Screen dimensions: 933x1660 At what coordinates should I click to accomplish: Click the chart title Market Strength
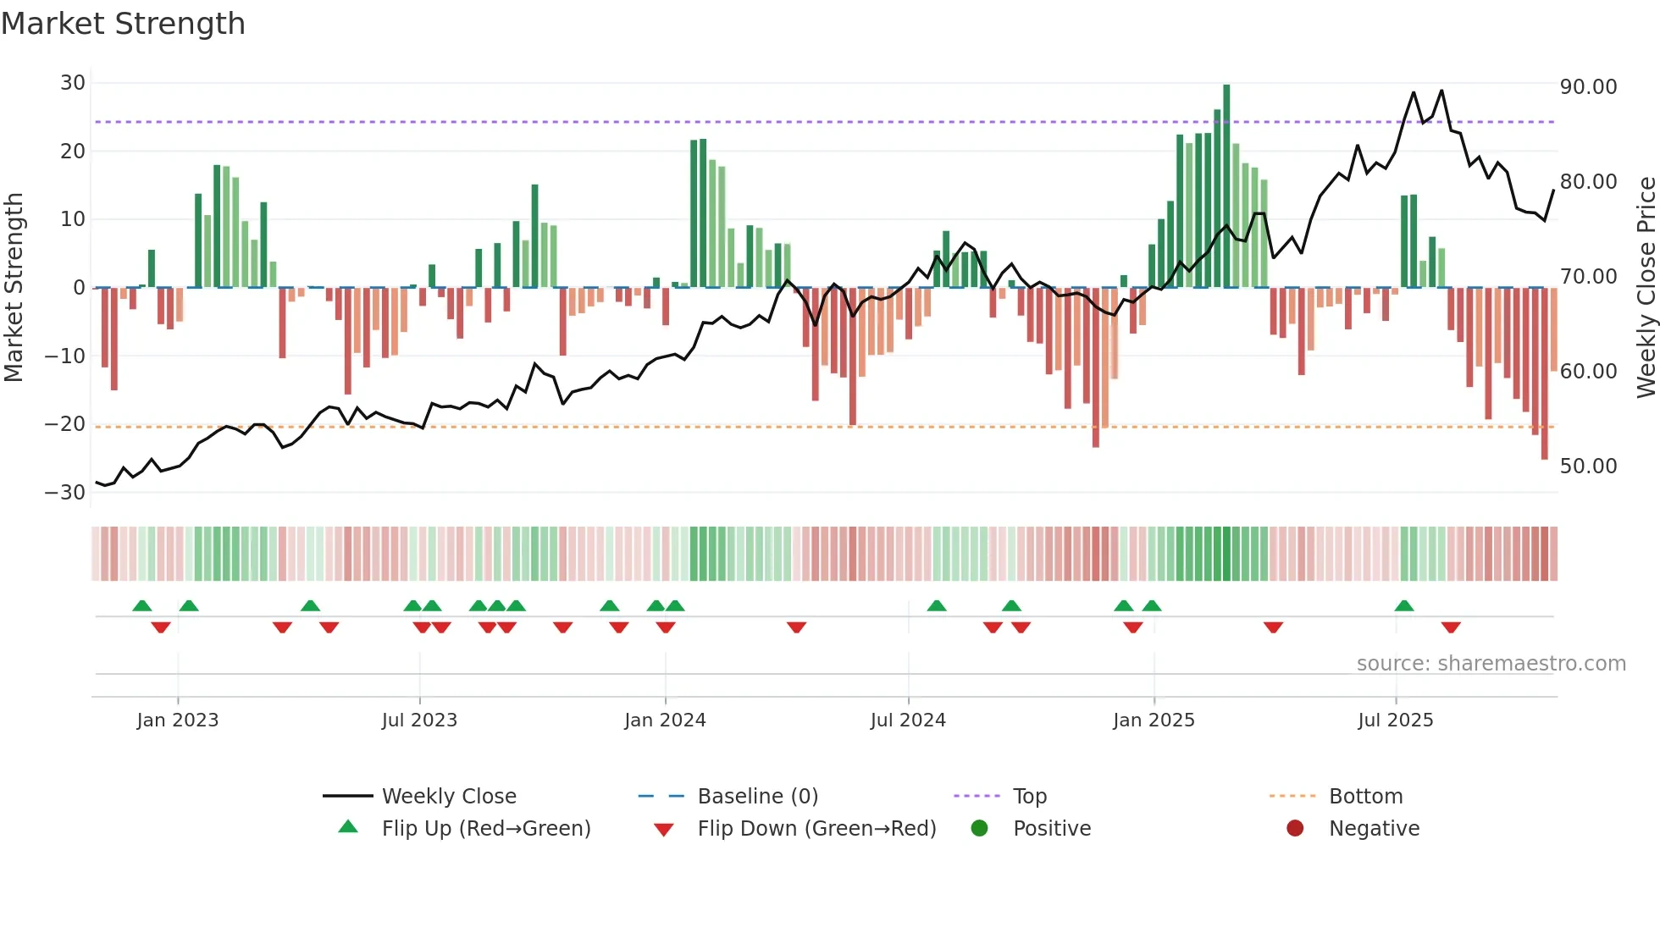[123, 24]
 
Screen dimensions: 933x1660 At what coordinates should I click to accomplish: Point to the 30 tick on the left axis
[73, 83]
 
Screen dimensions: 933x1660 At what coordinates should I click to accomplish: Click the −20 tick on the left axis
[65, 424]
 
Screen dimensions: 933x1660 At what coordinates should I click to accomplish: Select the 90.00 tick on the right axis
[1588, 87]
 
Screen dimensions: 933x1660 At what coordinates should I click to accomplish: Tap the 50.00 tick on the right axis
[1588, 466]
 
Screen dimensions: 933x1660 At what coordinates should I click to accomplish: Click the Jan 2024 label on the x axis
[665, 720]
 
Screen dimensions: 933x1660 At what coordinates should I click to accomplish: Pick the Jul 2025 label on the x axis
[1395, 720]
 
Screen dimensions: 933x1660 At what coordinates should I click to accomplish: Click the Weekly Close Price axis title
[1646, 288]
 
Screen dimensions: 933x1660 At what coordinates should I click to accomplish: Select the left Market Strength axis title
[14, 288]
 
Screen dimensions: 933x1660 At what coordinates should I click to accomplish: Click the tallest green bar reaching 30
[1226, 186]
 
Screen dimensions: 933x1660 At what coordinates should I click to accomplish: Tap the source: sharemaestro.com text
[1491, 664]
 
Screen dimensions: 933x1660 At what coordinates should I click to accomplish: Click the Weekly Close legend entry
[449, 797]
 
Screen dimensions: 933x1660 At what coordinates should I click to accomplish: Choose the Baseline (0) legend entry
[757, 797]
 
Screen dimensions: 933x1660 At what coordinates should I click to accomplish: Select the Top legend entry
[1030, 797]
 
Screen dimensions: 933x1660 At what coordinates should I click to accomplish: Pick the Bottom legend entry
[1365, 797]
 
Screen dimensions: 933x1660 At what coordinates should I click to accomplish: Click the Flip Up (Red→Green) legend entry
[485, 829]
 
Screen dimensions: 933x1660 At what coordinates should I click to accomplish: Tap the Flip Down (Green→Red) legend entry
[816, 829]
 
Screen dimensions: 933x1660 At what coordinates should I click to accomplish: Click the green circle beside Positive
[980, 829]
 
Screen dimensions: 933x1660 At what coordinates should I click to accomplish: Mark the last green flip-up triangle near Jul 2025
[1404, 606]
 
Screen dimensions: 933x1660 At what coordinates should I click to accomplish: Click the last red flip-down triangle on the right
[1451, 627]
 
